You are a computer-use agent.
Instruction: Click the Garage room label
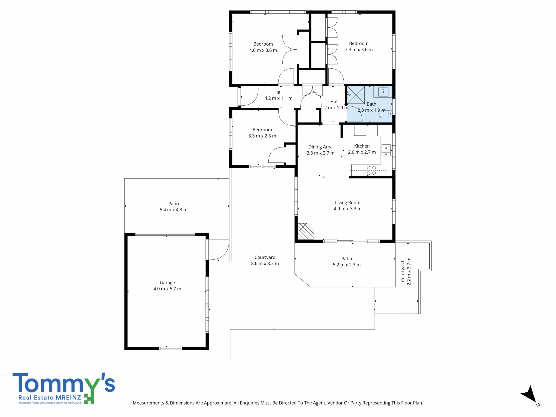tap(167, 283)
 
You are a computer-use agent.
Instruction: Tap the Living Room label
tap(348, 203)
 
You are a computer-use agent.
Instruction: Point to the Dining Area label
tap(321, 147)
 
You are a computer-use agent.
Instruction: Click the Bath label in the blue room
tap(372, 104)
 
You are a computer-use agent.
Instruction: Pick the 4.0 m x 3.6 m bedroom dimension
tap(263, 50)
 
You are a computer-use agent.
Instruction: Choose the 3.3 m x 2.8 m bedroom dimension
tap(262, 136)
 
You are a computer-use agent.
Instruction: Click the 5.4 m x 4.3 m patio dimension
tap(174, 210)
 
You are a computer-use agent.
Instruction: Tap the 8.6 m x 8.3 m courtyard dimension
tap(265, 263)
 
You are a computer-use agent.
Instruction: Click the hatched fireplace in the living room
tap(306, 232)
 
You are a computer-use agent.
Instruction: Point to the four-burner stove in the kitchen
tap(371, 170)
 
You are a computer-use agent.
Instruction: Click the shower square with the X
tap(356, 95)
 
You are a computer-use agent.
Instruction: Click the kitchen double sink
tap(386, 151)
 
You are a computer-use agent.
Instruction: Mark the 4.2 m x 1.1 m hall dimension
tap(278, 98)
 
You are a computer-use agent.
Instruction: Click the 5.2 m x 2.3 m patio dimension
tap(347, 265)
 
